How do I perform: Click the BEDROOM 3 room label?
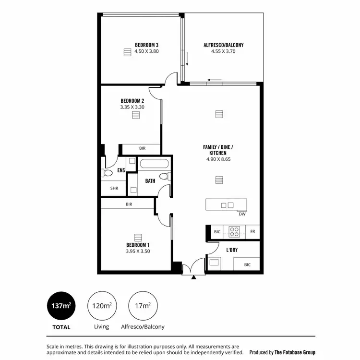point(133,45)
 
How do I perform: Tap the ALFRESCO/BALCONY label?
point(223,45)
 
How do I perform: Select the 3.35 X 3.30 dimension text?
point(132,108)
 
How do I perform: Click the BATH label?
point(150,181)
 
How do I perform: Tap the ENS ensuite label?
point(121,170)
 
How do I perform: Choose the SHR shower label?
point(114,188)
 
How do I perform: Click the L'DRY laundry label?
point(232,250)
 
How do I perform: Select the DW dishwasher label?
point(242,214)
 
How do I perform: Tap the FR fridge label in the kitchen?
point(252,232)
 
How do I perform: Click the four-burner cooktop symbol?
point(234,232)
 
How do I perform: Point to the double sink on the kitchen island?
point(227,205)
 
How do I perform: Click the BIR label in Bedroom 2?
point(142,148)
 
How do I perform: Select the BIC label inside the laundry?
point(247,264)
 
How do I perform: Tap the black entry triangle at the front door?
point(194,277)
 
